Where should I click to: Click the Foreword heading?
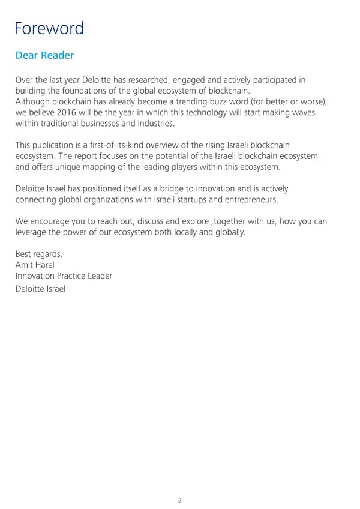point(49,28)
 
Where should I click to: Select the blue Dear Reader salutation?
point(44,56)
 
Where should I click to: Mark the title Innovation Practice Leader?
point(64,276)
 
